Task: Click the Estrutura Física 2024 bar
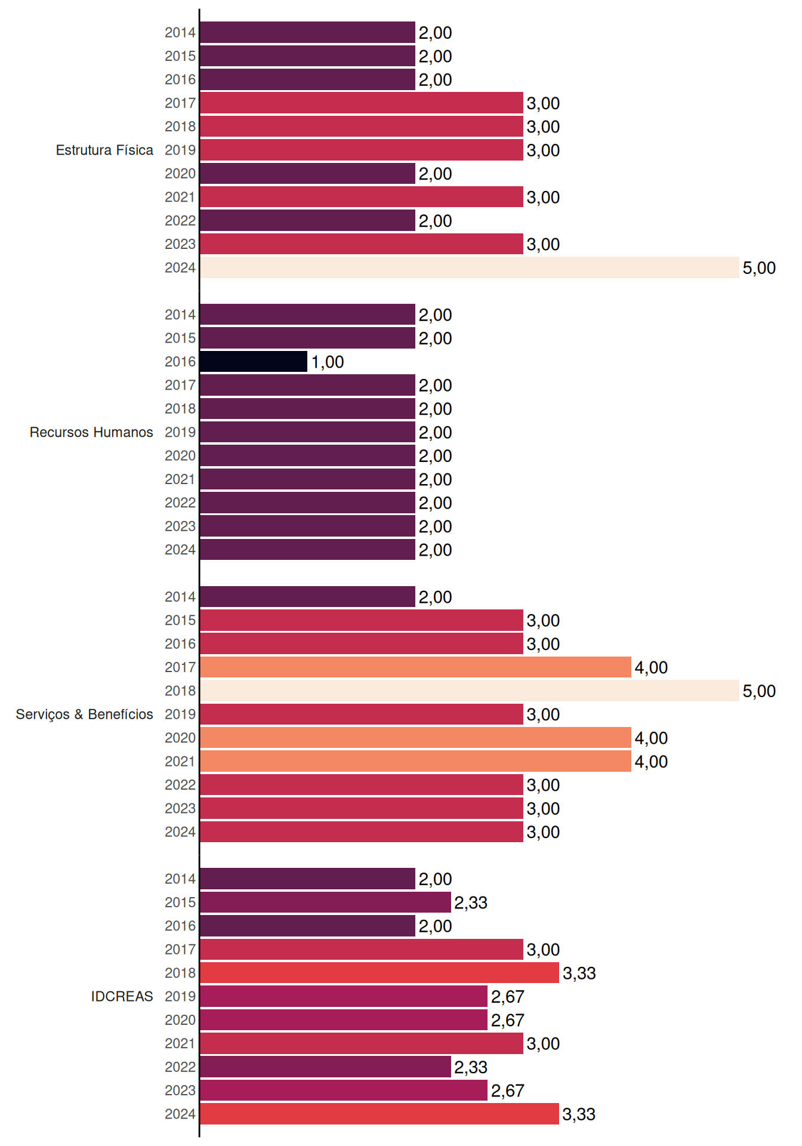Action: tap(470, 267)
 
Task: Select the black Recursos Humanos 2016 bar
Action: tap(254, 362)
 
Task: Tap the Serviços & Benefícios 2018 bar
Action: tap(470, 691)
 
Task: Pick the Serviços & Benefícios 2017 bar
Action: tap(416, 667)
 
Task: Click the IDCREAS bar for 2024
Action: tap(380, 1114)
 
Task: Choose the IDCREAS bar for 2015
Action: tap(326, 902)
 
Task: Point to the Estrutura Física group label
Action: tap(104, 150)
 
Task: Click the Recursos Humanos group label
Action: tap(91, 432)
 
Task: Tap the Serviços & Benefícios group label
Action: tap(84, 714)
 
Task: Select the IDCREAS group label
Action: tap(122, 996)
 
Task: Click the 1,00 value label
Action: tap(328, 362)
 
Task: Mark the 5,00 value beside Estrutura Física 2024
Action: tap(759, 268)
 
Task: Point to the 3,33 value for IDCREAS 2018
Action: tap(579, 974)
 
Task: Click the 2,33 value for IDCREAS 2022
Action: tap(471, 1067)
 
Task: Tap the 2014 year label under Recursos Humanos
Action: tap(180, 315)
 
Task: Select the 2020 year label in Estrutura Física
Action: tap(180, 174)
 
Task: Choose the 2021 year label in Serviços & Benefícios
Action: tap(180, 762)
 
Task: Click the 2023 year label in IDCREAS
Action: tap(180, 1090)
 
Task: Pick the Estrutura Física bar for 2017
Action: tap(362, 103)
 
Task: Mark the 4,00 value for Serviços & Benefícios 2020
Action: tap(651, 738)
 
